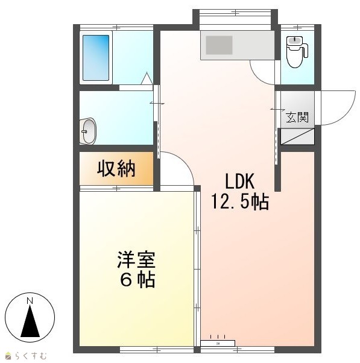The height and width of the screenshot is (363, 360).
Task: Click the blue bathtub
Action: click(96, 58)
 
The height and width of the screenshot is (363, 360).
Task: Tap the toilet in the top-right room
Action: click(297, 52)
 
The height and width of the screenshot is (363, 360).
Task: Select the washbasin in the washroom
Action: click(88, 131)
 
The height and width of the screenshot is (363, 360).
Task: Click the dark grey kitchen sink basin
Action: click(219, 45)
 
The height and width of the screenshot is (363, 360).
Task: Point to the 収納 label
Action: click(116, 169)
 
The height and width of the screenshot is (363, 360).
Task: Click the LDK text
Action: click(240, 181)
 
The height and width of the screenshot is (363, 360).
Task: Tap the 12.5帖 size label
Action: click(240, 201)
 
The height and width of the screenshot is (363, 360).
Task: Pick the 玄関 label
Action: click(297, 117)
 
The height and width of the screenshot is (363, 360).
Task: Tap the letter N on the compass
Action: click(30, 301)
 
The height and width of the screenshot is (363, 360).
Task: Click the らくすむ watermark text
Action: click(31, 356)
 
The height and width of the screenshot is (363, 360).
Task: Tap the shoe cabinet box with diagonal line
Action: click(297, 137)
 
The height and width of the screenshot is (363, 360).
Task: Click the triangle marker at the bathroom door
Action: click(147, 79)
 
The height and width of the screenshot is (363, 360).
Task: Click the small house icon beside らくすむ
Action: click(8, 356)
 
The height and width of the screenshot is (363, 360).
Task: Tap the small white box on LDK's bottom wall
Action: click(218, 343)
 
